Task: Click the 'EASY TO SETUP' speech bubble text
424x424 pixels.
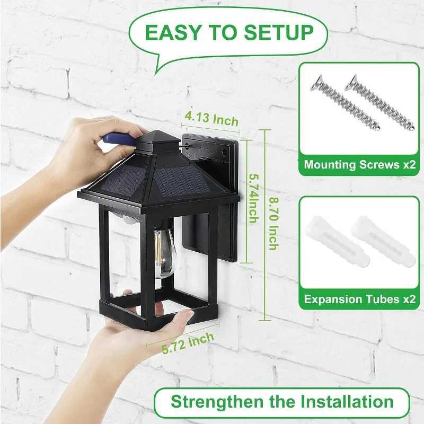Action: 229,33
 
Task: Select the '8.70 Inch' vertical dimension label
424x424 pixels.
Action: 272,223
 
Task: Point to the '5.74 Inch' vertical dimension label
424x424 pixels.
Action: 253,199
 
